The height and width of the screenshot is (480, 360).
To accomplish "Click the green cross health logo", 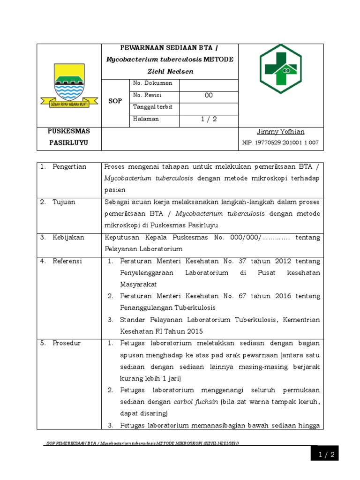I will (281, 69).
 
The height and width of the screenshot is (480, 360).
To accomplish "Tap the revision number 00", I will (209, 95).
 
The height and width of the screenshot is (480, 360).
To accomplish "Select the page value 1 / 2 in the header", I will (209, 119).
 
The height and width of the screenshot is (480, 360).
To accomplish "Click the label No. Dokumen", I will (152, 83).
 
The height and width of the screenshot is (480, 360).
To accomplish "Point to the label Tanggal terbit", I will (153, 107).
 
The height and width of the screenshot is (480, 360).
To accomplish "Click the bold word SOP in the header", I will (115, 101).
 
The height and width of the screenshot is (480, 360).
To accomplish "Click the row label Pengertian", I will (69, 167).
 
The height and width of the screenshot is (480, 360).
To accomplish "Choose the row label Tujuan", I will (64, 202).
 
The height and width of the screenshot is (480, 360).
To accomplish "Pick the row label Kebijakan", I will (68, 237).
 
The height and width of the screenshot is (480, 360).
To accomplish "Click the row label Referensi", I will (67, 261).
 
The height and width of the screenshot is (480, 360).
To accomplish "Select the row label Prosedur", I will (67, 343).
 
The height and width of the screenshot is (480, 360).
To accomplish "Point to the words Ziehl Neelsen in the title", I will (170, 71).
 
